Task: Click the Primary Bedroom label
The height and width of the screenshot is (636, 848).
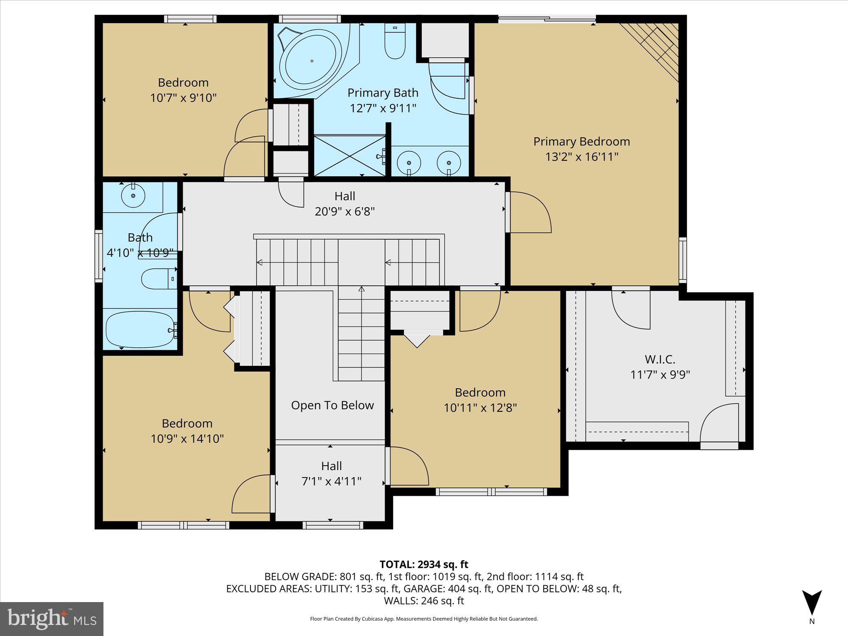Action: point(581,142)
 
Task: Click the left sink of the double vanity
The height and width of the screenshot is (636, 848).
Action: point(409,163)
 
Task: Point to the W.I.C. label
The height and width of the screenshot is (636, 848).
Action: point(660,360)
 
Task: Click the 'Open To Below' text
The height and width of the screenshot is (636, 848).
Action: point(332,405)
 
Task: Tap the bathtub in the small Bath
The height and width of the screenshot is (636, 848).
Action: point(140,329)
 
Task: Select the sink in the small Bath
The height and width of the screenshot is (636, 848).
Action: point(133,195)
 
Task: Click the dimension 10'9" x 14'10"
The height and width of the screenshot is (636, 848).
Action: point(187,438)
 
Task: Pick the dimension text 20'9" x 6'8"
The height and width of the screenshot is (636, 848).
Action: point(344,211)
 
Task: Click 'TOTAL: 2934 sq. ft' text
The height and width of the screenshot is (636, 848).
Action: point(424,564)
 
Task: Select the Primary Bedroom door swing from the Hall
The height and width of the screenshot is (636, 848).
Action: point(530,212)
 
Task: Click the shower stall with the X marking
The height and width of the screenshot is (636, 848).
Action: point(349,155)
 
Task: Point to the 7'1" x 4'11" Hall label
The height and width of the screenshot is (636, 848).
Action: point(331,481)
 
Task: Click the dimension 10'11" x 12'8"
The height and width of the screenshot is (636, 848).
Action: point(480,408)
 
